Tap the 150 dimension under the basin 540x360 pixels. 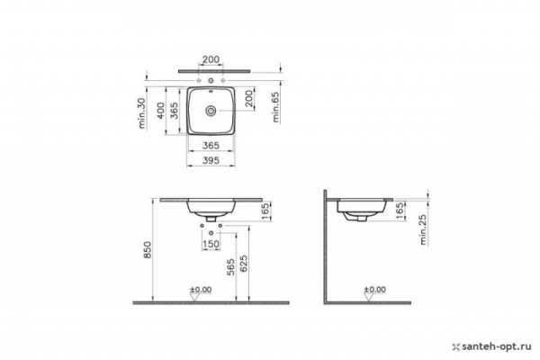212,244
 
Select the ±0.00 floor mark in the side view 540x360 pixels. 373,290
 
